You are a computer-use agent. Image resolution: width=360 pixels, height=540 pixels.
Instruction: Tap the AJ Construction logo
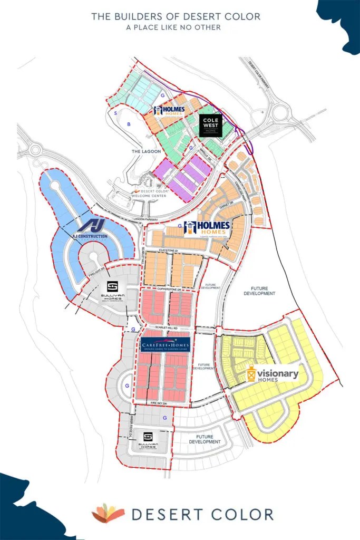91,229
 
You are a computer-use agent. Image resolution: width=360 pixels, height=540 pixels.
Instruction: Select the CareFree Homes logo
166,344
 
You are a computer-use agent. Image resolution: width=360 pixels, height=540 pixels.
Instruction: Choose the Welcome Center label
149,196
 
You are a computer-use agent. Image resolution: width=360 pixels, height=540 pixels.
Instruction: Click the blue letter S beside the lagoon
115,112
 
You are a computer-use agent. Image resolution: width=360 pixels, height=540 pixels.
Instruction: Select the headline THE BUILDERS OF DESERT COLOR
176,16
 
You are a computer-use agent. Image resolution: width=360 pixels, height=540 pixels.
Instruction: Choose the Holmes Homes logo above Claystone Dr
207,229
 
